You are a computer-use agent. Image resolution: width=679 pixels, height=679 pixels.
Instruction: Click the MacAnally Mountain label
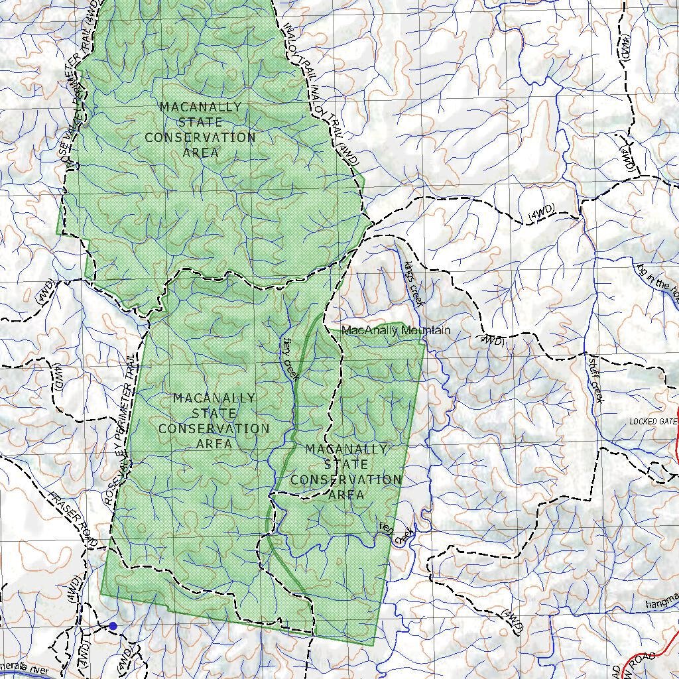[396, 330]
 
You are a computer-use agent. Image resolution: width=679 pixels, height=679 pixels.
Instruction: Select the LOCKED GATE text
[653, 422]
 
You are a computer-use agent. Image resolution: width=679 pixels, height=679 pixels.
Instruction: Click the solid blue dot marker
[113, 626]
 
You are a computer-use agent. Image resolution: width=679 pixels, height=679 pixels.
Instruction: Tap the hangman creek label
[662, 603]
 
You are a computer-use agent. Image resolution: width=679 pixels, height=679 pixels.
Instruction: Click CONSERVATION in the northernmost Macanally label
[200, 138]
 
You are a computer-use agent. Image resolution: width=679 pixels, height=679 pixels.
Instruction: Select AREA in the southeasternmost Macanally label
[346, 495]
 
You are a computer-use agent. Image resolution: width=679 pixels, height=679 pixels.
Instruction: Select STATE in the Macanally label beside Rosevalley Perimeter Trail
[214, 413]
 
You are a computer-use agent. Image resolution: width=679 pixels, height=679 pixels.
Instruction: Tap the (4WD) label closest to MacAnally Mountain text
[491, 341]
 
